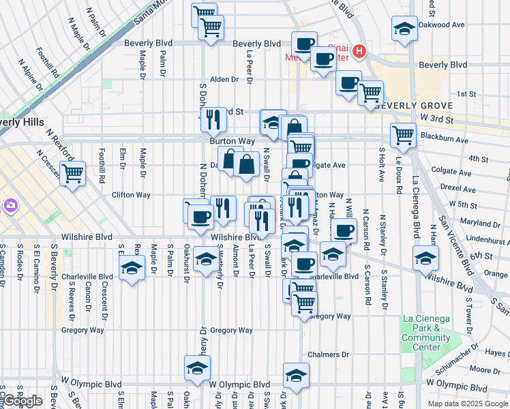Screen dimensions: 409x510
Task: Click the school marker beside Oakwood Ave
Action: point(404,29)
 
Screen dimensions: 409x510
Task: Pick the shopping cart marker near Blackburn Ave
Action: point(403,135)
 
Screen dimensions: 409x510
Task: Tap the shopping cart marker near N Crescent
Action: point(72,172)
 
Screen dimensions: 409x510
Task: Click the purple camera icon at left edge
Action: point(10,205)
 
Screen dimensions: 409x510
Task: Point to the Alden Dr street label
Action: point(224,80)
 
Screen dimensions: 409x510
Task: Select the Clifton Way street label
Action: point(131,195)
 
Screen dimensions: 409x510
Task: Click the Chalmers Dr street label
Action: point(328,355)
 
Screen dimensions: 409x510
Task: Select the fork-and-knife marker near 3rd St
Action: point(213,119)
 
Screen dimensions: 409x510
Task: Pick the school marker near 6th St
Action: point(425,258)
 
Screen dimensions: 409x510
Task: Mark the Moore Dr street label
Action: point(485,370)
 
